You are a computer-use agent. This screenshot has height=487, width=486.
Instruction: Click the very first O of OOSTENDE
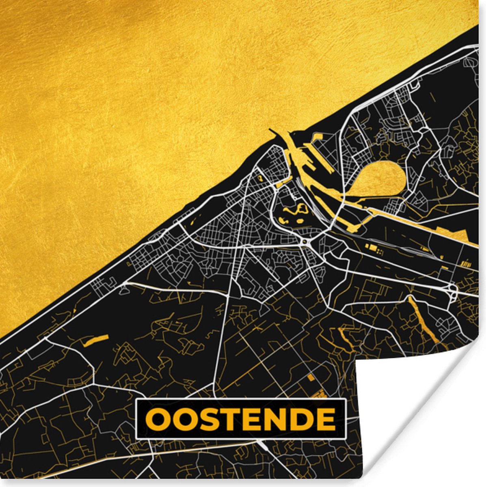(157, 419)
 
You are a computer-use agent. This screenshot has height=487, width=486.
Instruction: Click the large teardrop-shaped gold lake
(384, 179)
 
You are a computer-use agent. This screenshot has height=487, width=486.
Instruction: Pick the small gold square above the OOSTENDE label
(311, 377)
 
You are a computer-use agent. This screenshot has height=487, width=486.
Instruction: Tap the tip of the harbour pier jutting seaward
(271, 131)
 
